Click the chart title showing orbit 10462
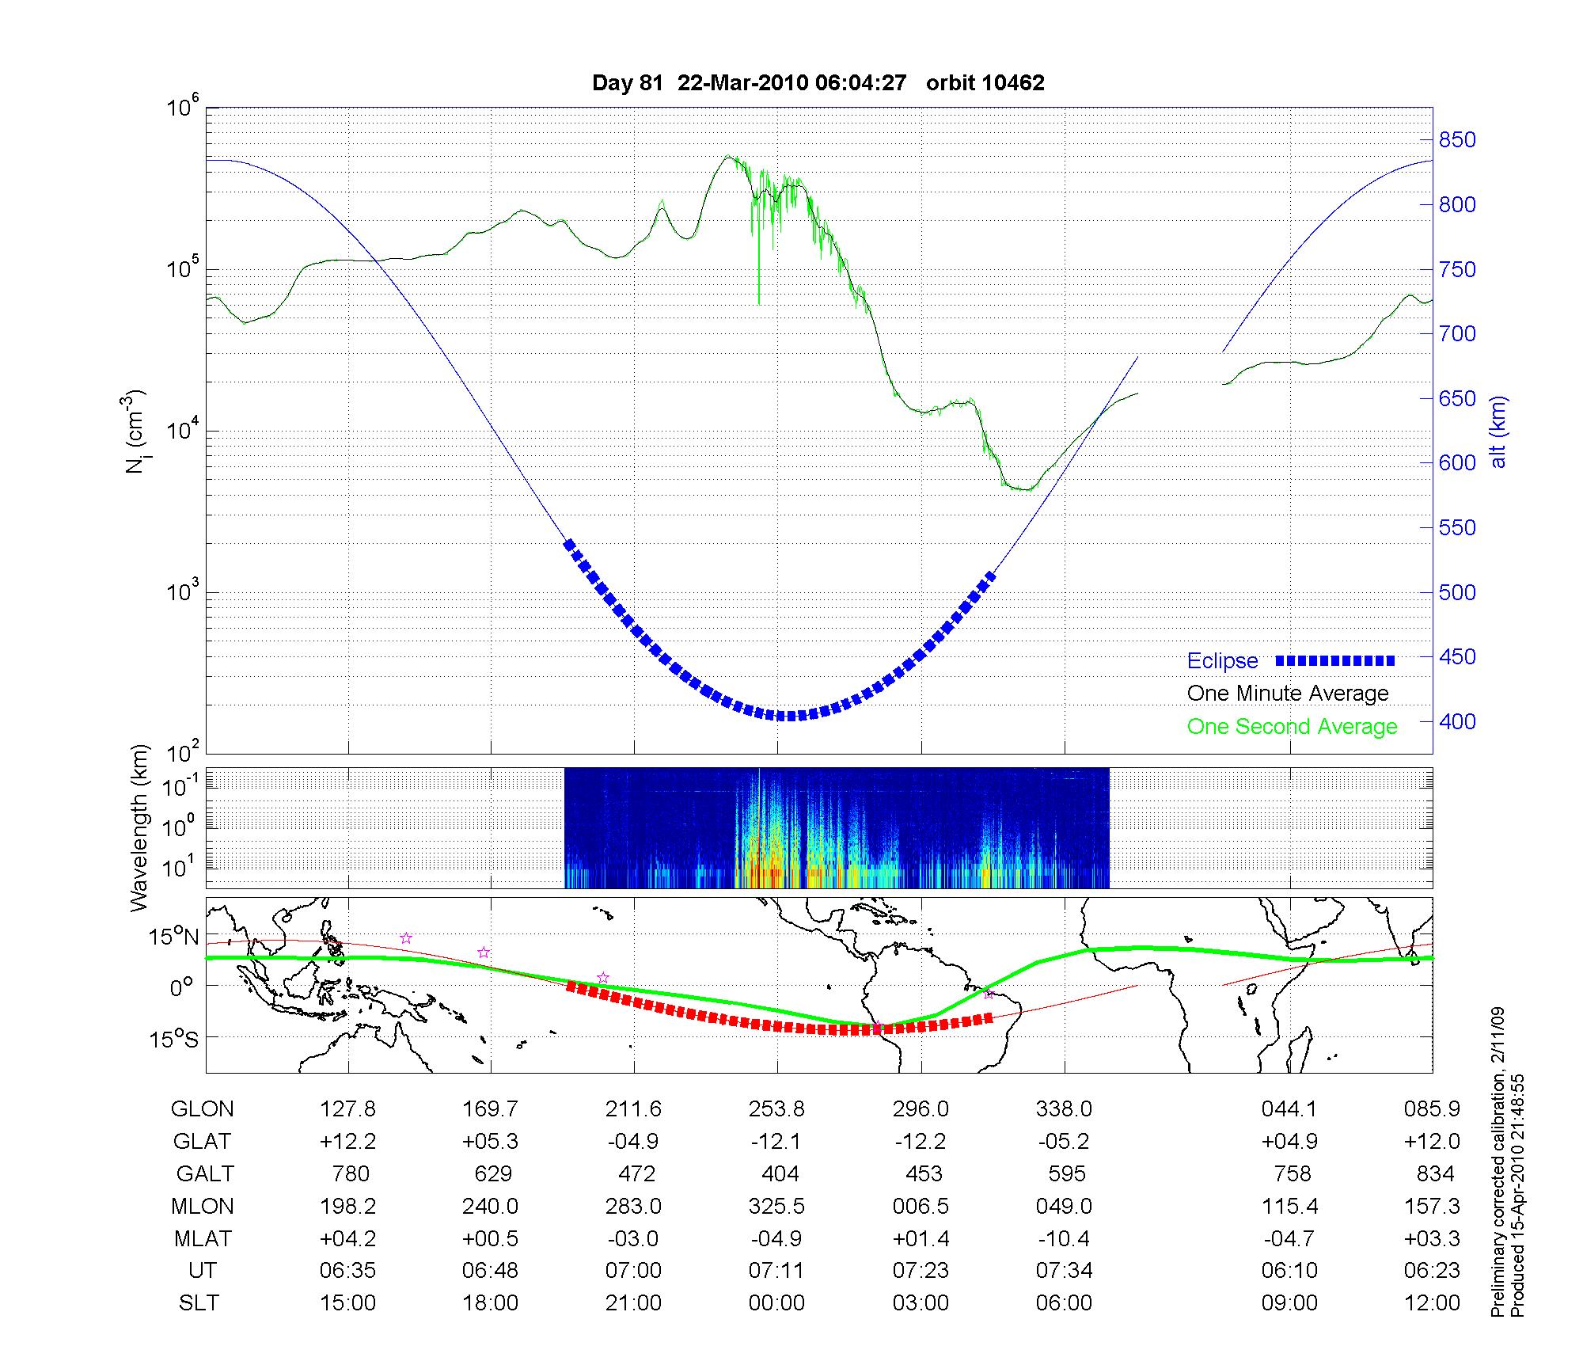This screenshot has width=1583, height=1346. [818, 82]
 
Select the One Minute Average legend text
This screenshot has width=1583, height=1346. [1288, 694]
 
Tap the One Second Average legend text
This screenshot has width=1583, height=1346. [1292, 727]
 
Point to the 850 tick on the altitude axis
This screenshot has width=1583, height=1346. [1457, 140]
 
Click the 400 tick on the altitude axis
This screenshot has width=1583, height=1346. [1457, 721]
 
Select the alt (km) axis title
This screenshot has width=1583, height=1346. [1498, 432]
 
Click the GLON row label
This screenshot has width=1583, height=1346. [202, 1109]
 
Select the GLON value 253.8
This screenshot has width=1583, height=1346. [776, 1109]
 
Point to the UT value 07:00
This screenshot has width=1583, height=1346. [633, 1271]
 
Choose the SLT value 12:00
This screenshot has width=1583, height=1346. [1432, 1303]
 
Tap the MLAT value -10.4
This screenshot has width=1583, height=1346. [1064, 1238]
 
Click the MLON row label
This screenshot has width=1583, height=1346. [202, 1206]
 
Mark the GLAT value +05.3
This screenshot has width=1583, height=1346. [490, 1141]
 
